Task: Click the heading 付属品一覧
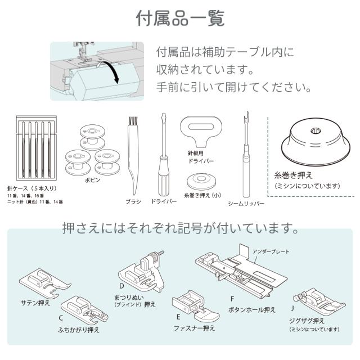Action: pos(180,19)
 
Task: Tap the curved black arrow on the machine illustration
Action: pos(113,69)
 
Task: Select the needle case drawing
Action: pos(36,148)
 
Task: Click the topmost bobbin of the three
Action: pos(92,137)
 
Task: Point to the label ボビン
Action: pos(92,180)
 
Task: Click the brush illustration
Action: pos(133,156)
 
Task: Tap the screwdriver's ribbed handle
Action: pos(164,176)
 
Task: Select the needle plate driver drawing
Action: pos(201,131)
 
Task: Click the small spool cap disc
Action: pos(201,181)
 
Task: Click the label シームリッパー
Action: pos(246,204)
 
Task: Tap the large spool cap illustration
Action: pos(316,142)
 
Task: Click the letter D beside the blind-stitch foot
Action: pos(121,286)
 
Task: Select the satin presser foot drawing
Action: pos(45,283)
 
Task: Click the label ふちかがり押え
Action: pos(79,330)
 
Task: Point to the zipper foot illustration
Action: pos(195,305)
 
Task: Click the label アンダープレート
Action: pos(271,251)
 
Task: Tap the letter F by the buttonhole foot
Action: pos(232,299)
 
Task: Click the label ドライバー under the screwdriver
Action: pos(164,201)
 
